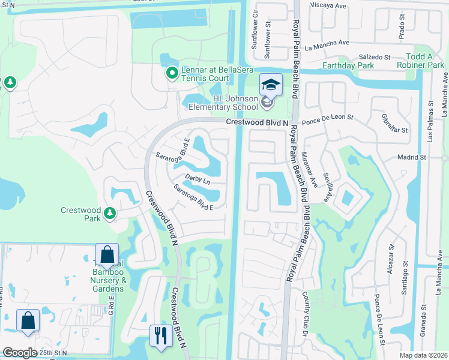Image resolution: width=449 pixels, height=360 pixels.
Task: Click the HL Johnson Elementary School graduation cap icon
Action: tap(271, 85)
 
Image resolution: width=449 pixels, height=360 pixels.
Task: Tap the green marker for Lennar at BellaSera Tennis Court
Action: tap(172, 74)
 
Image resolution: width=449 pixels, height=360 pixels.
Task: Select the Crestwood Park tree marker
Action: tap(109, 213)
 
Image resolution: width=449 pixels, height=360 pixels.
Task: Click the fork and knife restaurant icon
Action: tap(160, 335)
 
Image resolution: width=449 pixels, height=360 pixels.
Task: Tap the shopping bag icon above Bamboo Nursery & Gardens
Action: tap(107, 254)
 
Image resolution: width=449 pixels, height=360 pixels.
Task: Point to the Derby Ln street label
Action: tap(197, 180)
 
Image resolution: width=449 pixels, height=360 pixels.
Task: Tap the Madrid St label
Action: tap(411, 157)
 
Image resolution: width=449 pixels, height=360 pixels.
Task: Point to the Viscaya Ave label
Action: tap(328, 5)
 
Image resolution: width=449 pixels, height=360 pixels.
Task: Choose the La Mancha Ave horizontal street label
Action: tap(327, 43)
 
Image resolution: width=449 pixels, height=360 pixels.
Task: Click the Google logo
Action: tap(20, 353)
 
